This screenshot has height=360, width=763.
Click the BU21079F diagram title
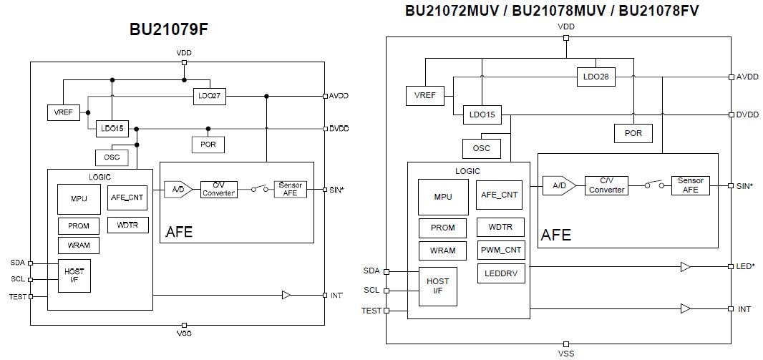[x=169, y=29]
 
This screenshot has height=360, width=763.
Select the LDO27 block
[x=209, y=96]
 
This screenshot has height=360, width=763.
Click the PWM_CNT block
[x=500, y=250]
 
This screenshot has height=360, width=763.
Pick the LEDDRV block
[x=500, y=273]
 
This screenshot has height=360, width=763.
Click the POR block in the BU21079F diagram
[x=208, y=144]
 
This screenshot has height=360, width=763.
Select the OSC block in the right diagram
[x=482, y=148]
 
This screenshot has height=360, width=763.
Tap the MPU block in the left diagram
[x=79, y=198]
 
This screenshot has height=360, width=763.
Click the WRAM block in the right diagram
[x=443, y=250]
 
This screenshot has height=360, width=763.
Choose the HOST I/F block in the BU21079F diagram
[x=74, y=276]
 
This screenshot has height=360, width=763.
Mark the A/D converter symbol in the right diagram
[x=558, y=185]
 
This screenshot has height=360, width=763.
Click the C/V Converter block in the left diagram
[x=219, y=190]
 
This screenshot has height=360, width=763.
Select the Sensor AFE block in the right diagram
[x=690, y=185]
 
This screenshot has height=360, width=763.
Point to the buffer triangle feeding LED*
[x=685, y=267]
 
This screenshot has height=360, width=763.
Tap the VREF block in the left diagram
[x=63, y=113]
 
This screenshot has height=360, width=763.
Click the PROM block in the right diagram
[x=443, y=228]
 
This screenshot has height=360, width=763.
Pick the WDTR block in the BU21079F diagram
[x=128, y=225]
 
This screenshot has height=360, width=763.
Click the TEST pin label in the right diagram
[x=371, y=311]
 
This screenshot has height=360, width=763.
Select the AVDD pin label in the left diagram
[x=339, y=95]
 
